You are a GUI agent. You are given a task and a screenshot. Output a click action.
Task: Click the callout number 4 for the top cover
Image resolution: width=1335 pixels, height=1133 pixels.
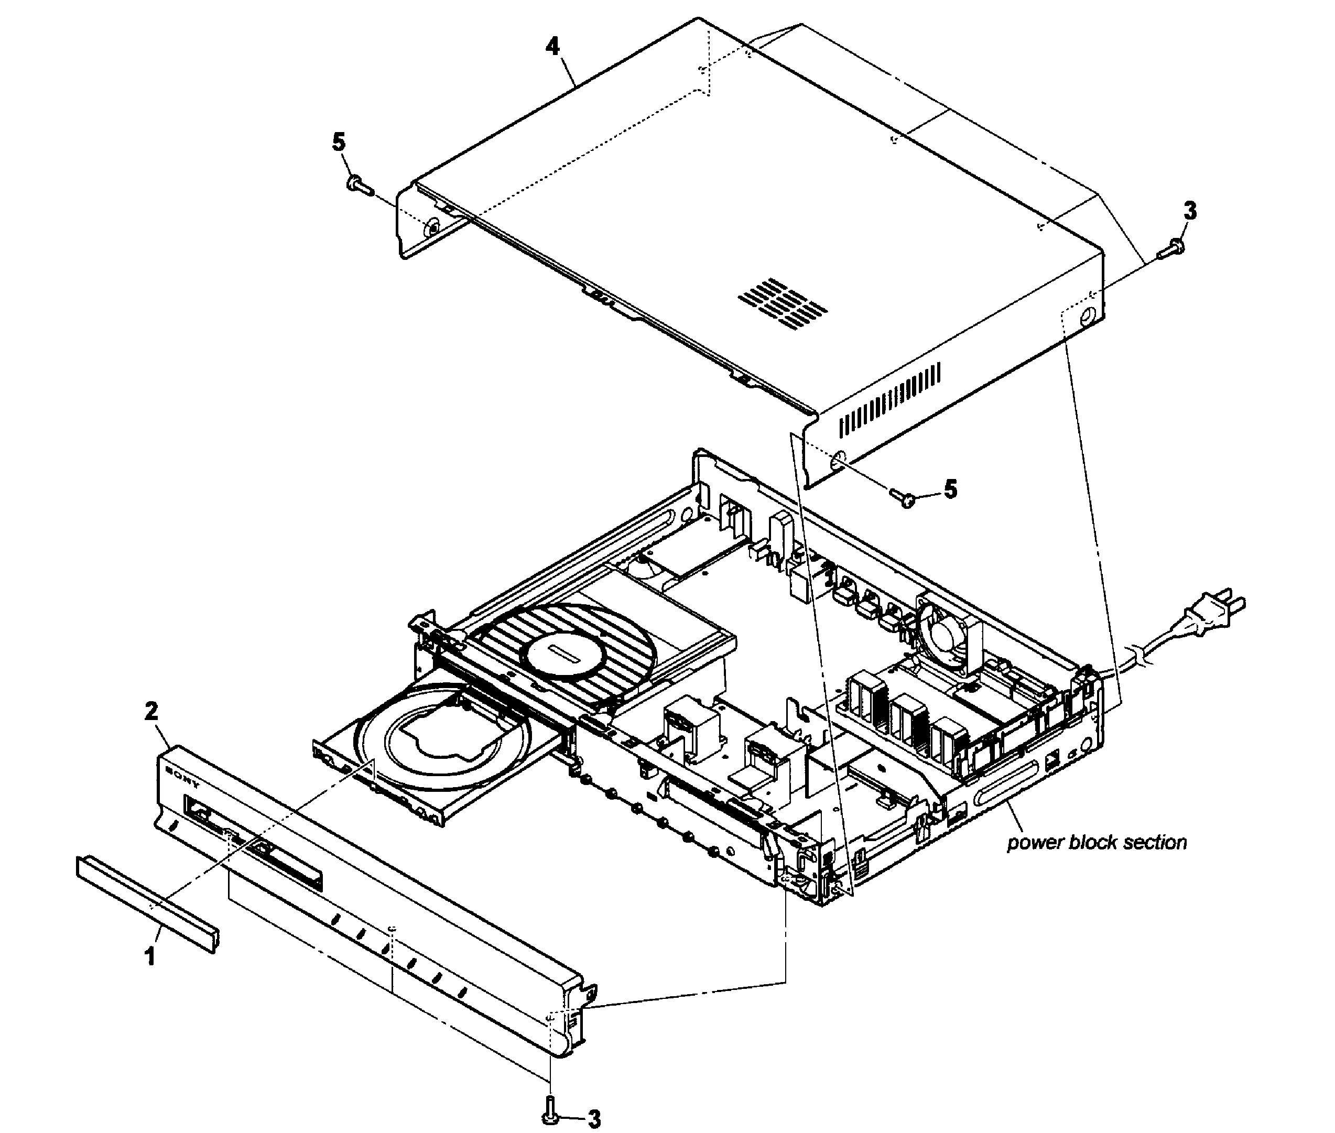(552, 46)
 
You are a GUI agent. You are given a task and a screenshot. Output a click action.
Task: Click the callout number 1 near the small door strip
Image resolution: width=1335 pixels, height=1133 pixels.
(150, 957)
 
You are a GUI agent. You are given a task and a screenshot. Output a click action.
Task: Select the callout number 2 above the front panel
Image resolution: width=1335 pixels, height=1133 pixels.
(151, 711)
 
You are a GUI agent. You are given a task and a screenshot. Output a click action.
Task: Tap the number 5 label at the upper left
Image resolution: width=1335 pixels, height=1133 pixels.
(339, 142)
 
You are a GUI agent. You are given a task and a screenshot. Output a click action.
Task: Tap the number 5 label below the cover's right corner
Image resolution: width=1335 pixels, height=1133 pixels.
(950, 489)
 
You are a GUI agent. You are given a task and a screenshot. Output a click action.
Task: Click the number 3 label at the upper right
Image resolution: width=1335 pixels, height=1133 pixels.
(1190, 211)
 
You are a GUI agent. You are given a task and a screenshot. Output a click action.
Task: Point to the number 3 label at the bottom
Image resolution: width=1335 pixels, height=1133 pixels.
(594, 1119)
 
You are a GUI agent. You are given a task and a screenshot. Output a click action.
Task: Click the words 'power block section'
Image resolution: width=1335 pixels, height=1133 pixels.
(1096, 843)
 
